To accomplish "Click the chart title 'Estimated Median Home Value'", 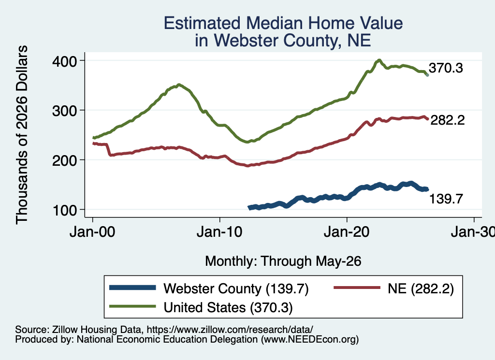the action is click(x=283, y=23).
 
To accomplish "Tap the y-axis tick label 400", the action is click(x=64, y=61).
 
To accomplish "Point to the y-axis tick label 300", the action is click(x=64, y=111).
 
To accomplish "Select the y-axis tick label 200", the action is click(x=64, y=160).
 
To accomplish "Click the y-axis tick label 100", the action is click(x=64, y=211).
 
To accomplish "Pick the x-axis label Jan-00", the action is click(x=92, y=232).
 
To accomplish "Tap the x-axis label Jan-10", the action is click(x=219, y=232).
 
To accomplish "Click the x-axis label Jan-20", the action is click(x=347, y=232).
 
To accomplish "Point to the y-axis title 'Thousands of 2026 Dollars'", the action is click(x=22, y=135).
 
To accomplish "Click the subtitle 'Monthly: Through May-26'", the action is click(x=283, y=261).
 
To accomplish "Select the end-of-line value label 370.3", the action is click(x=446, y=68).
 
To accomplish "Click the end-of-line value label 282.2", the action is click(x=448, y=120).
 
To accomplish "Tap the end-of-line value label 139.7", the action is click(x=446, y=199).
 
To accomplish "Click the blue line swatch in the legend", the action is click(x=132, y=288).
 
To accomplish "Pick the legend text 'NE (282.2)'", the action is click(x=421, y=288).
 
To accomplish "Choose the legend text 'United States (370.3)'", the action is click(x=228, y=307).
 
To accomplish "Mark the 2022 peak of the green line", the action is click(x=379, y=60).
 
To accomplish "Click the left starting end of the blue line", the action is click(x=249, y=208).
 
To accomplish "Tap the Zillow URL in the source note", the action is click(x=230, y=330).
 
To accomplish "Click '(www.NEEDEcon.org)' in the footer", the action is click(x=310, y=340).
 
